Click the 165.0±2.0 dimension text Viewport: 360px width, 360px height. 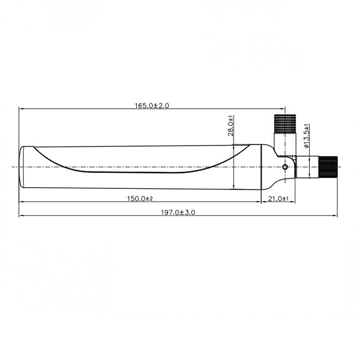(151, 105)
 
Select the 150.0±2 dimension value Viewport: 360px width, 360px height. (140, 198)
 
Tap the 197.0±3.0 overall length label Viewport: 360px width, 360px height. (178, 212)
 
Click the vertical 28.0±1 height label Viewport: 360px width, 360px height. (230, 125)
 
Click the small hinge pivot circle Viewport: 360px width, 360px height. (285, 167)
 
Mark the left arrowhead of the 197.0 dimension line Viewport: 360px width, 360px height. (22, 216)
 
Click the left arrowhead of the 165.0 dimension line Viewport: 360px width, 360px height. (22, 109)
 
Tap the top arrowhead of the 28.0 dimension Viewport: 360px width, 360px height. (235, 146)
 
